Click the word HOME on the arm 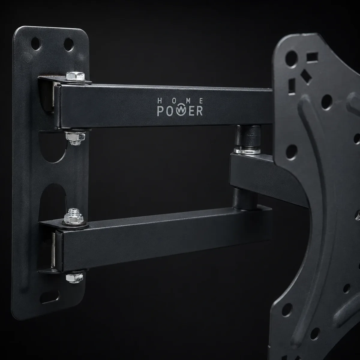(180, 101)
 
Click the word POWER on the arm (180, 111)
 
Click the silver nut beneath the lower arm (74, 278)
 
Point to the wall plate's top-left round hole (36, 44)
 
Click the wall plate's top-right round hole (69, 44)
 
